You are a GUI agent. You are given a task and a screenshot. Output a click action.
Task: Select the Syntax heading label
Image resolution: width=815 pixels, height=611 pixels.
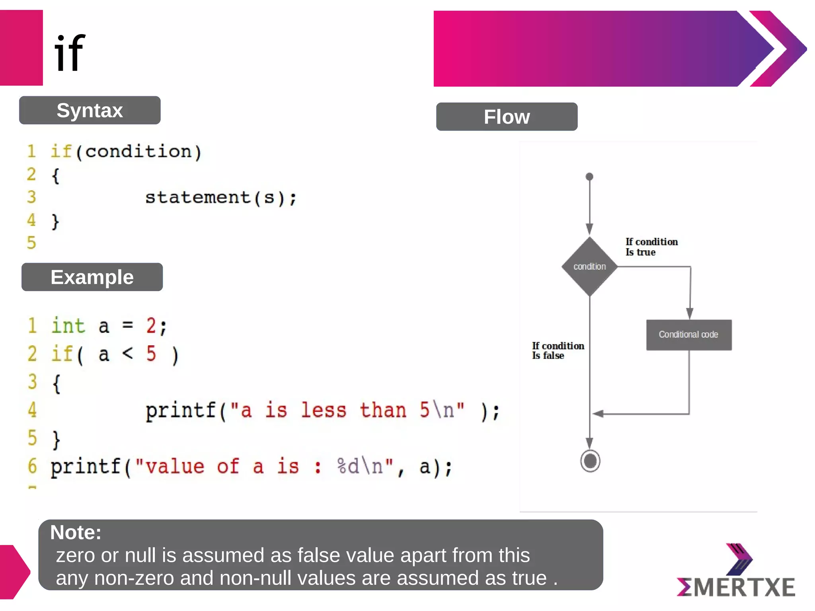(90, 110)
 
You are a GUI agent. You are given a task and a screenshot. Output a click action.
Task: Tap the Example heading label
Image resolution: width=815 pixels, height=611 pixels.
(92, 277)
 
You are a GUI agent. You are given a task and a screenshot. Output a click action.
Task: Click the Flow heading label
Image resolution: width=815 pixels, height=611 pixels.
(507, 117)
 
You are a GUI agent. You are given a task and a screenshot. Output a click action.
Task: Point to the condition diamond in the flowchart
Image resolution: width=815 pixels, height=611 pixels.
(589, 267)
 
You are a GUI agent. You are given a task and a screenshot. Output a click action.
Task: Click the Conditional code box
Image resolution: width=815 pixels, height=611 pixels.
(688, 335)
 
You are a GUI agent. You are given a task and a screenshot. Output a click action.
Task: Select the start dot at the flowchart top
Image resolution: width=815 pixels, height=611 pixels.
(589, 177)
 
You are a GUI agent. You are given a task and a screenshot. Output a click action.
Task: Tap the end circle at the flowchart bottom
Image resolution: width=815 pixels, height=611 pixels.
(590, 461)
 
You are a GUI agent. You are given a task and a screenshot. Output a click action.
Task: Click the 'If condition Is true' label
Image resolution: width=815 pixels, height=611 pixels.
(651, 247)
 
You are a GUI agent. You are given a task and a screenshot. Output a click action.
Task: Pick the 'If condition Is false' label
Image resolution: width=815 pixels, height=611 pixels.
(558, 350)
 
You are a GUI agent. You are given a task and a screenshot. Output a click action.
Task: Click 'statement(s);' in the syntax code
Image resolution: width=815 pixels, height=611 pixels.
(221, 198)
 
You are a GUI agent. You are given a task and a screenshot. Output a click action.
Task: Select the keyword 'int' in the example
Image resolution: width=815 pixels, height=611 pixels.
(68, 326)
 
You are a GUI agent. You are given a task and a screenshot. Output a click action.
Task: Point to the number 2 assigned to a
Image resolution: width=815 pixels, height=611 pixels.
(151, 326)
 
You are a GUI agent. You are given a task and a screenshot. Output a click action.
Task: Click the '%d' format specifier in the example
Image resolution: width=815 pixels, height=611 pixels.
(348, 466)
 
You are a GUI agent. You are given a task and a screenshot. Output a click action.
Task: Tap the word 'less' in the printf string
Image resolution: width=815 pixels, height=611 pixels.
(323, 410)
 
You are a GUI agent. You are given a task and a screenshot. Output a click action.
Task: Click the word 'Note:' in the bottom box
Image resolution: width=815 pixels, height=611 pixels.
(76, 532)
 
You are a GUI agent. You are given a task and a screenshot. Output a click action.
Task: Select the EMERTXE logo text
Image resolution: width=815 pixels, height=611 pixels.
(736, 587)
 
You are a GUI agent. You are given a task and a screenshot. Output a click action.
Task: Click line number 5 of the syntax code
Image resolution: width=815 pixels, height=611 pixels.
(31, 243)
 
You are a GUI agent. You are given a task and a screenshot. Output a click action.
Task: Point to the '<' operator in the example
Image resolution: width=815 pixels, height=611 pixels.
(127, 353)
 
